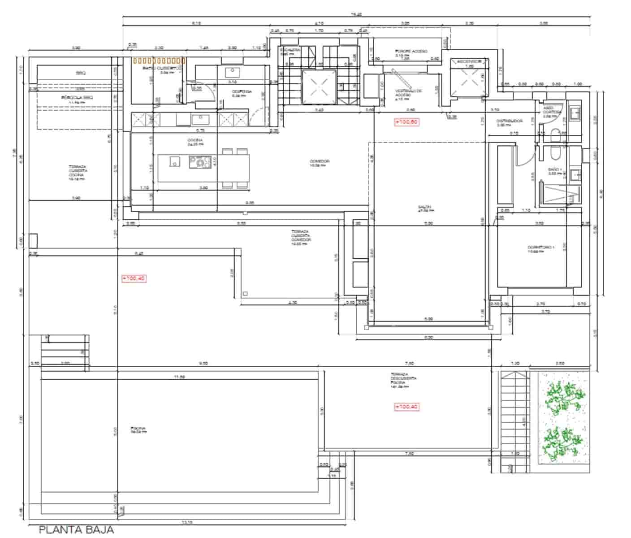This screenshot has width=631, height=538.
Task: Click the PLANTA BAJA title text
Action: tap(76, 529)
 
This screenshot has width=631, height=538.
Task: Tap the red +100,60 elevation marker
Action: tap(406, 121)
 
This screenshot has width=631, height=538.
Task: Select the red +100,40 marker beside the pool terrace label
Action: tap(406, 407)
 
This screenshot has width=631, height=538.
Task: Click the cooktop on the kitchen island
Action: tap(199, 161)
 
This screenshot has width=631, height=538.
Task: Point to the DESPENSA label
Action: tap(242, 93)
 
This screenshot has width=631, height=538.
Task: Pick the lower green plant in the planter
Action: tap(562, 442)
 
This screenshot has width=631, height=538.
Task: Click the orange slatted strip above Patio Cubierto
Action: tap(159, 60)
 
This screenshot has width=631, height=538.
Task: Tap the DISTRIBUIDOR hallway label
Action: tap(510, 122)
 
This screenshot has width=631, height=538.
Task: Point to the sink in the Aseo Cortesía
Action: tap(574, 112)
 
